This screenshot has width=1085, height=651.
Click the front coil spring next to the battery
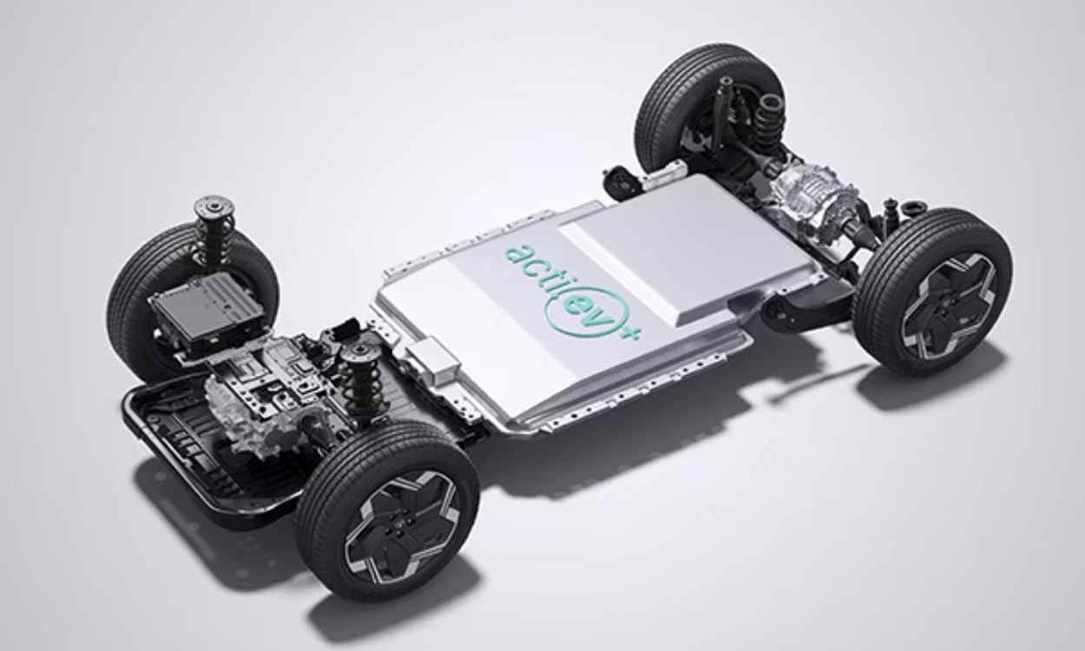pos(362,389)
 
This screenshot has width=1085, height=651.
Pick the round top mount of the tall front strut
pos(214,208)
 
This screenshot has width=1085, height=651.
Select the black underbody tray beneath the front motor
pos(174,451)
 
